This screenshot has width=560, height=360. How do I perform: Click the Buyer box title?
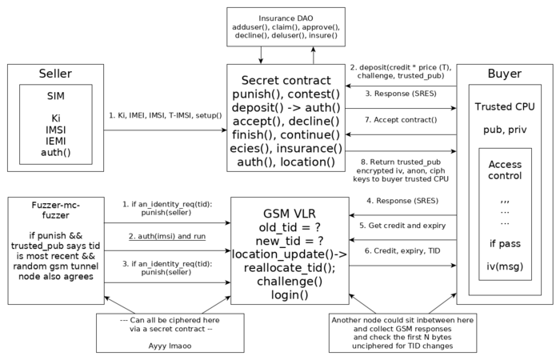504,74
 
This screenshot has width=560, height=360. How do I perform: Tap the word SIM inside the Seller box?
54,97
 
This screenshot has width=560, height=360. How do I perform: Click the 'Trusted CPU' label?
504,106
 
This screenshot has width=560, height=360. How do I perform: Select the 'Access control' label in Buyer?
504,170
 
